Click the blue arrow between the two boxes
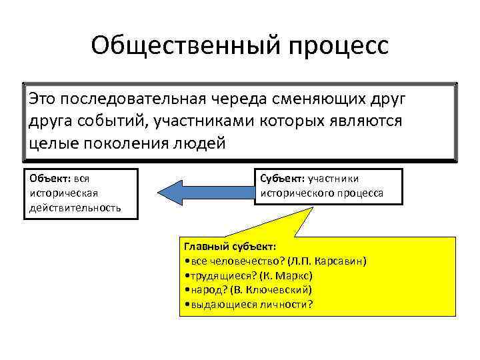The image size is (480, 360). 204,192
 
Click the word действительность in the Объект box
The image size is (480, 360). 75,207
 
